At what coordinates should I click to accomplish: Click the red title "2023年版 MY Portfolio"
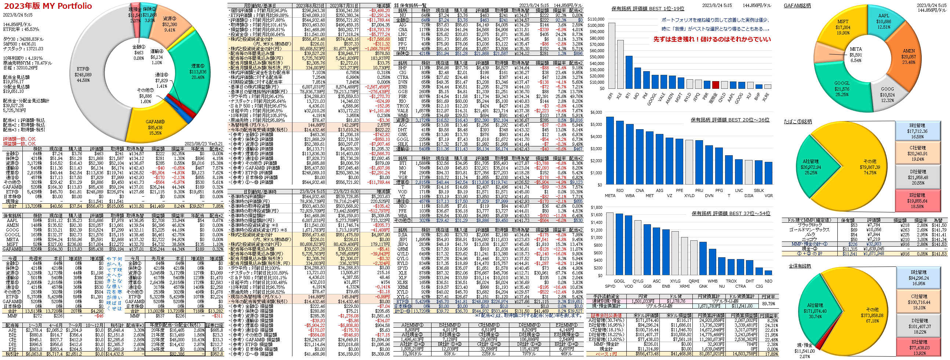tap(48, 6)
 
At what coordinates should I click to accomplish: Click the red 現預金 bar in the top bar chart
tap(716, 85)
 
